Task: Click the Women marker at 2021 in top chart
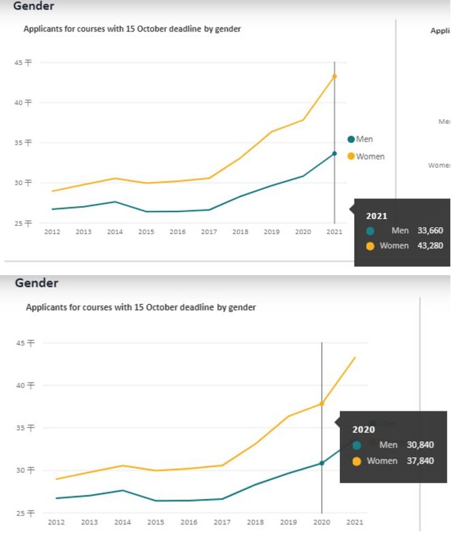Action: pyautogui.click(x=334, y=76)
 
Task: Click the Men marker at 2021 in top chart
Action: pyautogui.click(x=334, y=153)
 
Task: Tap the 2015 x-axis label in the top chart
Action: pyautogui.click(x=146, y=232)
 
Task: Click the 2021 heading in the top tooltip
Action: pyautogui.click(x=376, y=216)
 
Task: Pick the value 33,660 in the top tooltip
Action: pyautogui.click(x=430, y=231)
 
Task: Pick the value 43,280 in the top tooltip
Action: pyautogui.click(x=430, y=245)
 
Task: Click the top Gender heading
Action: pyautogui.click(x=34, y=6)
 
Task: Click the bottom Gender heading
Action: pyautogui.click(x=36, y=283)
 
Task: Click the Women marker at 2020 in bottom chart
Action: pyautogui.click(x=321, y=404)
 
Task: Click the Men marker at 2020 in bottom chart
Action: pyautogui.click(x=321, y=463)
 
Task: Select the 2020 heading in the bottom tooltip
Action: pyautogui.click(x=363, y=430)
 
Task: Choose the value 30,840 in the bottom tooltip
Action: pyautogui.click(x=420, y=445)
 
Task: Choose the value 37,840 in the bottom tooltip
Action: pyautogui.click(x=420, y=461)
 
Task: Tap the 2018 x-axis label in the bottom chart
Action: pyautogui.click(x=255, y=522)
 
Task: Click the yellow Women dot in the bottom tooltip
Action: pyautogui.click(x=356, y=461)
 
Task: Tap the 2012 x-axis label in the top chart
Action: pyautogui.click(x=52, y=232)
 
